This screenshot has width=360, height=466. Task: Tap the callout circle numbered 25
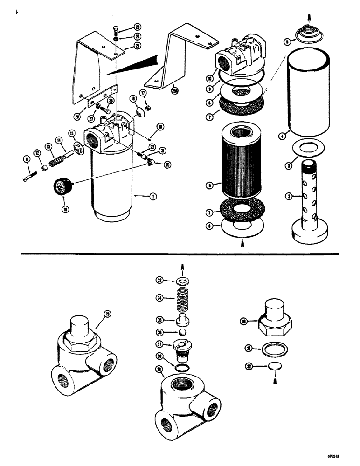click(x=138, y=46)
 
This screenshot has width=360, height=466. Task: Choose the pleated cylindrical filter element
click(x=241, y=161)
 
